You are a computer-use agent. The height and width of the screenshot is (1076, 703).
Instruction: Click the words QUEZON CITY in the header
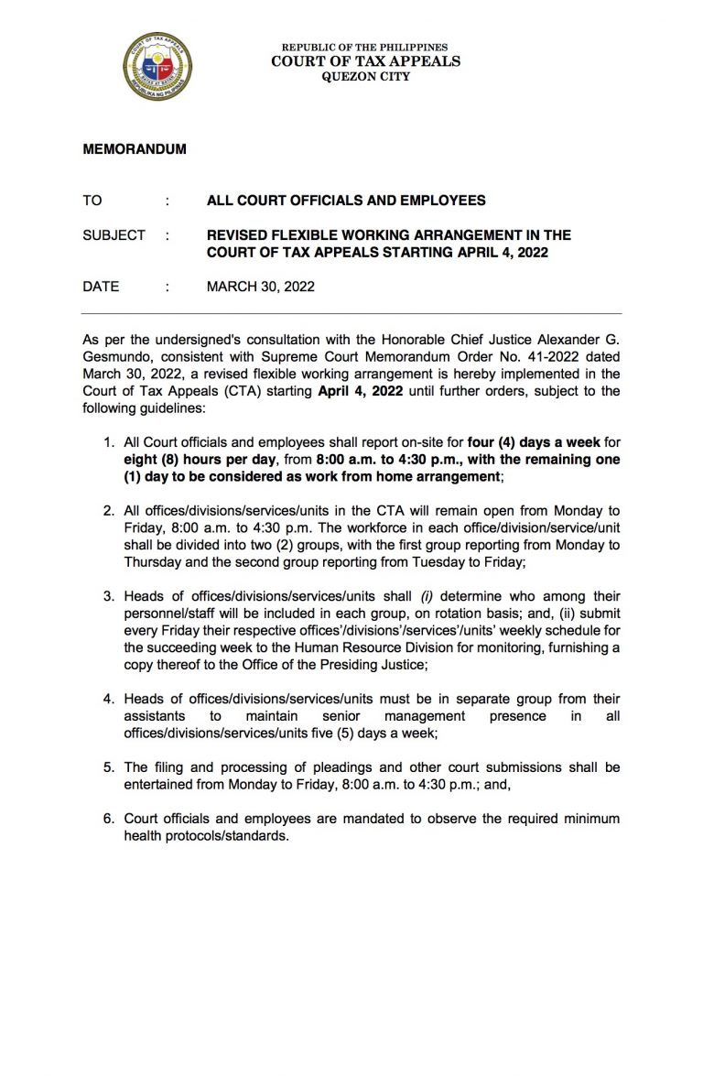[365, 77]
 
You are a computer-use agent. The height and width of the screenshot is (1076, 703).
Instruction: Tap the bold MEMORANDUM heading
[135, 149]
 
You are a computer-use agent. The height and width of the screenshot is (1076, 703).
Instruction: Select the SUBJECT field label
[114, 235]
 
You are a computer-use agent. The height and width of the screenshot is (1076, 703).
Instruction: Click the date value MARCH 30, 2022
[261, 287]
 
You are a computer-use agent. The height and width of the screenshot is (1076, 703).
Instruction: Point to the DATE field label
[101, 287]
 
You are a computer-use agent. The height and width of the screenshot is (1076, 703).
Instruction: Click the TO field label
[92, 201]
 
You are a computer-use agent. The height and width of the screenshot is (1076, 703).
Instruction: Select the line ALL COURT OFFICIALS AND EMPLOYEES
[346, 201]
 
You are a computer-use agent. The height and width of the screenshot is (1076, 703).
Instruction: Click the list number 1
[107, 442]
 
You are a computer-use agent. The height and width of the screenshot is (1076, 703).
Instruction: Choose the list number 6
[107, 818]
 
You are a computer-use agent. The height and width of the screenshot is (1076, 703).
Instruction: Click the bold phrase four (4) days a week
[540, 442]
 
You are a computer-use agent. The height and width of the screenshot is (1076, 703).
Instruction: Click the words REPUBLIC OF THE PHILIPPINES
[365, 48]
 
